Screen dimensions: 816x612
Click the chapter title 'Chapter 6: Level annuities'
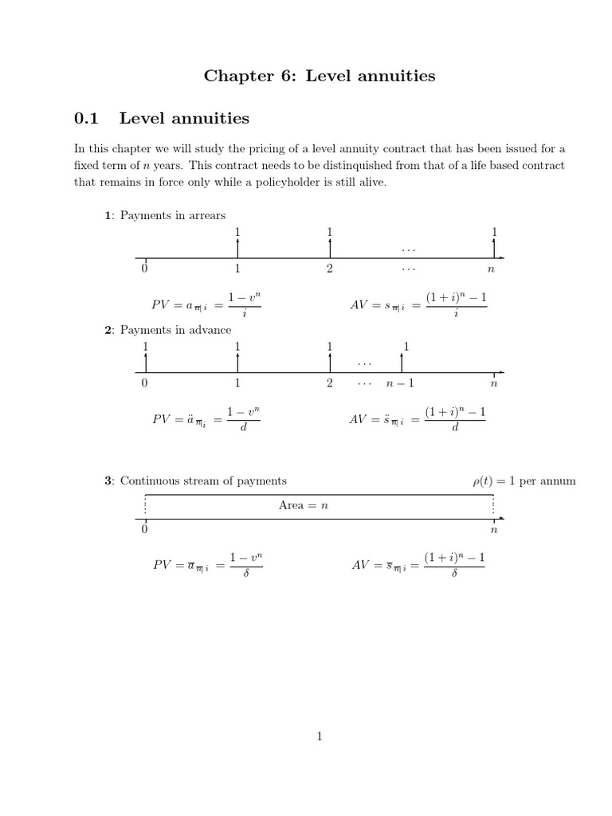click(x=320, y=76)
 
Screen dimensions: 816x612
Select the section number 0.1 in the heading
click(x=85, y=119)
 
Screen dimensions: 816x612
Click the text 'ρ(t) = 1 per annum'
click(x=524, y=481)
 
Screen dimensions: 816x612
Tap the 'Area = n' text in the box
click(x=304, y=506)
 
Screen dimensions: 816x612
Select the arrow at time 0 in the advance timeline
click(x=145, y=361)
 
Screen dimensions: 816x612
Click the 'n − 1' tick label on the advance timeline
click(x=400, y=383)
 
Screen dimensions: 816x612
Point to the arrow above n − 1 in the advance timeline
click(x=401, y=361)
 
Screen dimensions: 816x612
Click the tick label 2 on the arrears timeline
click(x=329, y=269)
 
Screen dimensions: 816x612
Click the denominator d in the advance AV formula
click(x=454, y=428)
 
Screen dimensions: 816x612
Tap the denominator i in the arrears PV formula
click(x=244, y=314)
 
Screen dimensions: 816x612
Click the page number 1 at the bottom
click(x=319, y=737)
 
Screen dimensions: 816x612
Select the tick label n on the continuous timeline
click(x=493, y=529)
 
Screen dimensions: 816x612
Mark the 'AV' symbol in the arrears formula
click(x=360, y=305)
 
